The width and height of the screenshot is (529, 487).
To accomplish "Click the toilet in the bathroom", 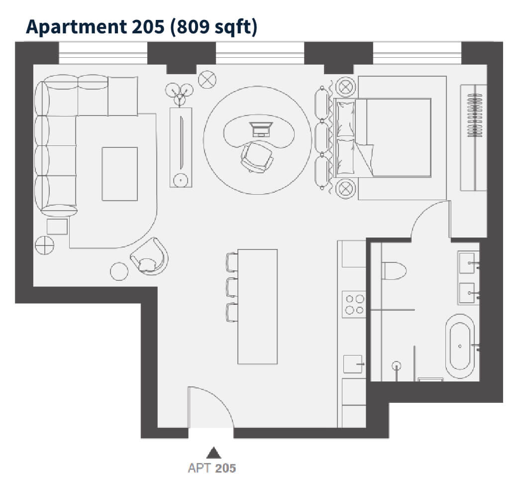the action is point(394,271).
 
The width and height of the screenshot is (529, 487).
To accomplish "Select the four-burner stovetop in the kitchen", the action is point(354,304).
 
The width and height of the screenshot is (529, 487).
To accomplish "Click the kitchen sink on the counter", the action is point(353,364).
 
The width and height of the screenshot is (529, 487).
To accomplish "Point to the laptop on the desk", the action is point(261,129).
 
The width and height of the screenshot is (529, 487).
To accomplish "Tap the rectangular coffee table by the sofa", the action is point(120,174).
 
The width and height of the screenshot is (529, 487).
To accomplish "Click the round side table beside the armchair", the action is point(119,271).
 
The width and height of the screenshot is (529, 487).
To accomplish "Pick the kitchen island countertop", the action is point(257,306).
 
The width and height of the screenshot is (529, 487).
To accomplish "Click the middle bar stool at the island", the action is point(232,287).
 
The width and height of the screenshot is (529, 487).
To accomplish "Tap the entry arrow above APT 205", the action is point(213,453).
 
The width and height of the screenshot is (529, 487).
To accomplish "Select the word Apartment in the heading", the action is point(77,27).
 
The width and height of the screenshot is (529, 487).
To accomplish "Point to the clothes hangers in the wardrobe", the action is point(475,115).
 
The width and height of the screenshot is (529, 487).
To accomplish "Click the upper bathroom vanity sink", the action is point(468,262).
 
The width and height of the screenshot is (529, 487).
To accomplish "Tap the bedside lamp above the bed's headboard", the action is point(346,87).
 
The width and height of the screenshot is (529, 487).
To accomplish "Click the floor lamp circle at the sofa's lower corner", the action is point(44,245).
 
